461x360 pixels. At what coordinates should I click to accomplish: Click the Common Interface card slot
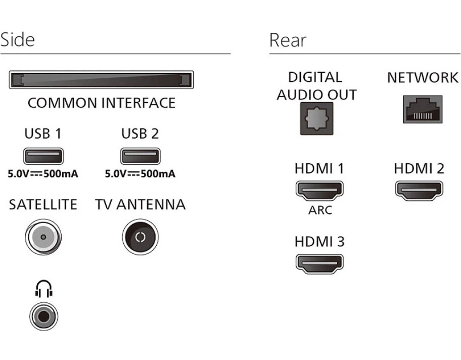(x=101, y=80)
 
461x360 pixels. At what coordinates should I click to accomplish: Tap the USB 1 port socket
(x=43, y=157)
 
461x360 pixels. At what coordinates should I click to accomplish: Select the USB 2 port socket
(x=140, y=157)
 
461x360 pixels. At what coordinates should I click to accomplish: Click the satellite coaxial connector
(x=43, y=237)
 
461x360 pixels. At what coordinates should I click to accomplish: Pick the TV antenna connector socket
(x=140, y=237)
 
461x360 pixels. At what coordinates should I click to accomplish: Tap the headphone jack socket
(x=43, y=316)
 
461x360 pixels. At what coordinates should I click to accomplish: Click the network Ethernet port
(x=422, y=109)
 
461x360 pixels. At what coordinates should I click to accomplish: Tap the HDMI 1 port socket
(x=319, y=190)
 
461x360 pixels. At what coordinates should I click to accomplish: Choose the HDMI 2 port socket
(x=419, y=190)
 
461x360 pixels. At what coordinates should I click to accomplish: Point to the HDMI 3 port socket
(x=319, y=264)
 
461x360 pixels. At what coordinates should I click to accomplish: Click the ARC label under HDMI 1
(x=320, y=210)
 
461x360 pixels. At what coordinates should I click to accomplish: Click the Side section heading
(x=18, y=40)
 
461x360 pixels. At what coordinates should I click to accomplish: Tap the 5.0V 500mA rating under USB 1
(x=43, y=174)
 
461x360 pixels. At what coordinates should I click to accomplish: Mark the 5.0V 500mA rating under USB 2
(x=140, y=174)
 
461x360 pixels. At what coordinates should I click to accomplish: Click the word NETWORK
(x=422, y=77)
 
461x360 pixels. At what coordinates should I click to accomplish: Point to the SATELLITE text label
(x=43, y=205)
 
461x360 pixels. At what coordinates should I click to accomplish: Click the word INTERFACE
(x=138, y=103)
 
